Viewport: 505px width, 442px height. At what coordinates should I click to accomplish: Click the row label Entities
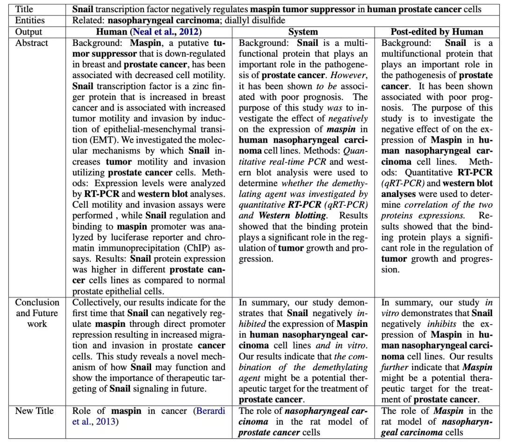tap(30, 21)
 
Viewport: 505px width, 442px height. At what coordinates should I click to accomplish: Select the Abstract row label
tap(32, 43)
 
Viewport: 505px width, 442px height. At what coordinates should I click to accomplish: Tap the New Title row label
tap(34, 411)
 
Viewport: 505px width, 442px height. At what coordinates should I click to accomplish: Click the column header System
tap(303, 32)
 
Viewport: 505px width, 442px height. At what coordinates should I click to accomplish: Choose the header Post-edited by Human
tap(437, 32)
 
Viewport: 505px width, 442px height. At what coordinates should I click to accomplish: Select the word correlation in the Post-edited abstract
tap(422, 204)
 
